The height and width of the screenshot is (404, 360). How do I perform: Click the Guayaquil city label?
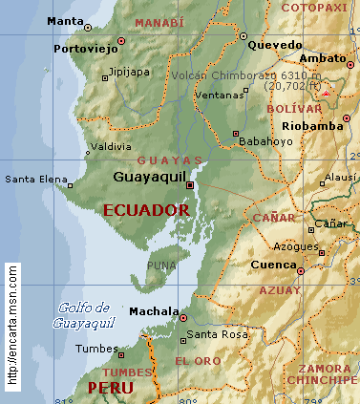[150, 177]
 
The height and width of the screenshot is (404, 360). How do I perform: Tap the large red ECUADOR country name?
[146, 209]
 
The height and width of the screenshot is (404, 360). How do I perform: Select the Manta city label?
[64, 20]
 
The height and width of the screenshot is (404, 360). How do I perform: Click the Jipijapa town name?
[129, 71]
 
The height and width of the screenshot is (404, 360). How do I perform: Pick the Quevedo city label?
[267, 44]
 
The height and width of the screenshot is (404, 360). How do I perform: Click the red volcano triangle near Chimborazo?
[328, 94]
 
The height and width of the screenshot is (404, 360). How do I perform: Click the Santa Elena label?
[34, 179]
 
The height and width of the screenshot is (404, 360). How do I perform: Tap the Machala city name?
[153, 311]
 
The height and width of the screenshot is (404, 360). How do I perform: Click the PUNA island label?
[162, 266]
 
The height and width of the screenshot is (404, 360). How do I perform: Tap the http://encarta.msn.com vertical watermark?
[12, 326]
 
